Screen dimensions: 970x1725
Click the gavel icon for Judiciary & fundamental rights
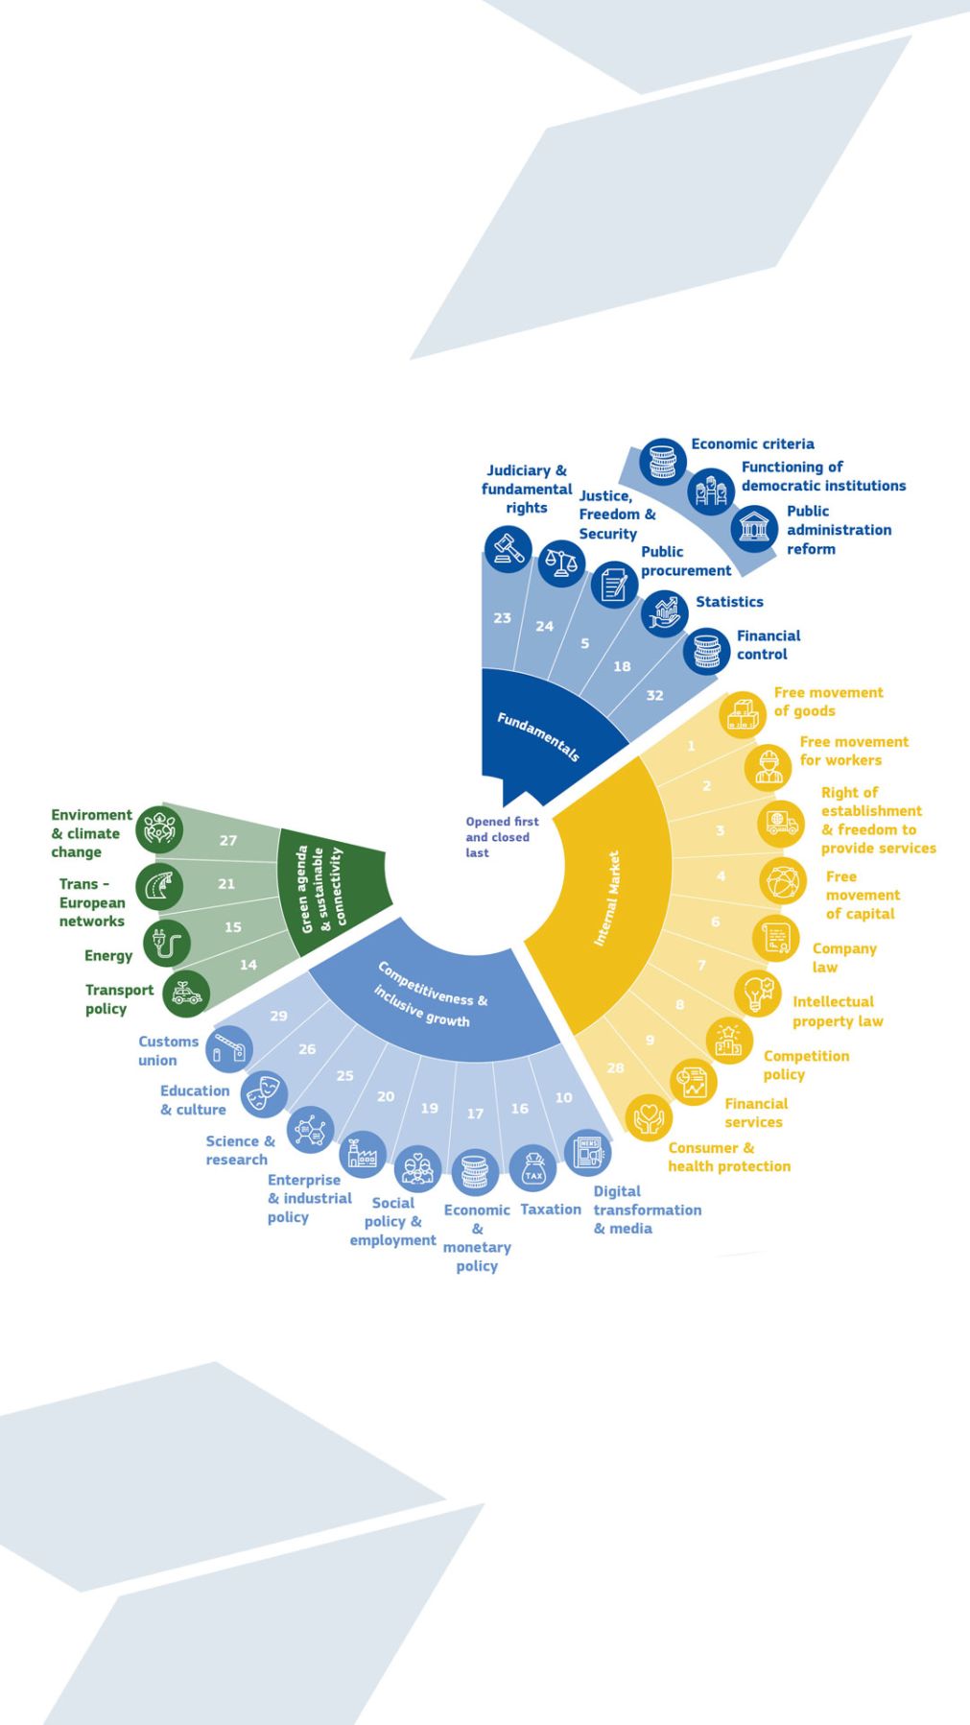(x=507, y=550)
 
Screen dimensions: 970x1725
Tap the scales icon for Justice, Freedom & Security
(x=561, y=563)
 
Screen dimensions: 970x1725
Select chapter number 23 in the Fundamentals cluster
(x=502, y=618)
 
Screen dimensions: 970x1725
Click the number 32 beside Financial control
(x=654, y=695)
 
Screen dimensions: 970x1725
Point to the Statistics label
(x=729, y=602)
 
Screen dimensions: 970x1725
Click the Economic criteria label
(x=752, y=443)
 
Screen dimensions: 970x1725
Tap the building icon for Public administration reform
(x=754, y=529)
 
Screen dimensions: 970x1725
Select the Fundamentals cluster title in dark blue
(x=538, y=737)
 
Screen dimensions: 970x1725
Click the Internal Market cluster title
(x=606, y=898)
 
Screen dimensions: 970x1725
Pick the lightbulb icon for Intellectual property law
(x=758, y=994)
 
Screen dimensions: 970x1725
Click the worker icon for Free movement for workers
(x=768, y=766)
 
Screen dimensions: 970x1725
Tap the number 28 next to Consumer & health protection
(x=615, y=1067)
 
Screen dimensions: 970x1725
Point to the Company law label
(x=844, y=957)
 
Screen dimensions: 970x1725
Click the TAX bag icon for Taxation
(x=533, y=1170)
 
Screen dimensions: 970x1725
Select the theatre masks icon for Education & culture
(x=264, y=1095)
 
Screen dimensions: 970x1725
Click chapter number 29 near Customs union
(x=278, y=1016)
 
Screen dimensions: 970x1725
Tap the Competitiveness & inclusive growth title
(x=431, y=994)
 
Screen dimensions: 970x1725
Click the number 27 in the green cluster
(x=227, y=840)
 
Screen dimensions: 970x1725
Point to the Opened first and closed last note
(x=502, y=837)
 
